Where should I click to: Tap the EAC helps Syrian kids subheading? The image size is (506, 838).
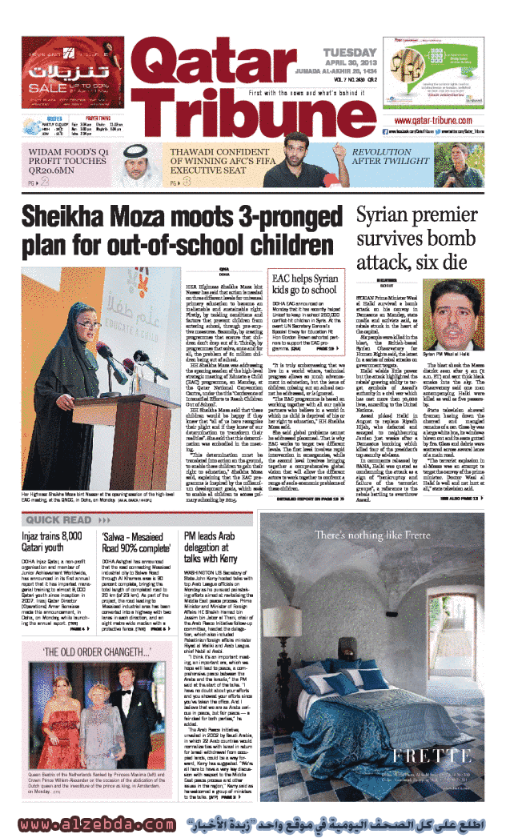coord(304,284)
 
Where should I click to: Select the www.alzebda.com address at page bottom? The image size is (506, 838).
coord(96,824)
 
